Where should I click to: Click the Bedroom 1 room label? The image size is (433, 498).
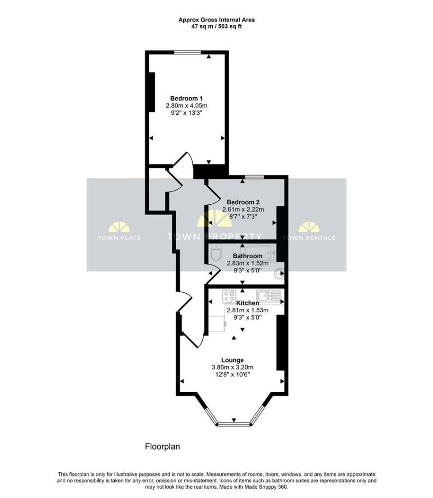(186, 98)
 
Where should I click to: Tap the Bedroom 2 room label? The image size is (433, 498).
(243, 202)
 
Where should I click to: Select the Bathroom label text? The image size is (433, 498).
(248, 256)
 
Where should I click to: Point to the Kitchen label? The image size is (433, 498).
(248, 303)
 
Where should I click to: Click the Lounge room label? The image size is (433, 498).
(233, 360)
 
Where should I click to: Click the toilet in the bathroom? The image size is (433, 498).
(216, 254)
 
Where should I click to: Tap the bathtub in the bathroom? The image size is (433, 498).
(258, 253)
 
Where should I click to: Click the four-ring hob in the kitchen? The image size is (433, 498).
(229, 297)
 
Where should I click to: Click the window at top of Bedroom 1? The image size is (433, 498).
(187, 53)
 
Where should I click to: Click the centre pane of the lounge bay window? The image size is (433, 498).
(234, 424)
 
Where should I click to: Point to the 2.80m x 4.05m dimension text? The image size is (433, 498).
(186, 106)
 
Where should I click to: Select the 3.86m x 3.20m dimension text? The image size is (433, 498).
(233, 368)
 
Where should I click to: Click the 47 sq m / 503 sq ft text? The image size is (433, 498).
(216, 27)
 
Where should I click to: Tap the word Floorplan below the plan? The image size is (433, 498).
(162, 446)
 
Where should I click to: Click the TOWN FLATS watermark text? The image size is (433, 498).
(119, 238)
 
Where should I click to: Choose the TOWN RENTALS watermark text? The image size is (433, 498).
(309, 238)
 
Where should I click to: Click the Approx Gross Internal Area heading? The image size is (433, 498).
(216, 20)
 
